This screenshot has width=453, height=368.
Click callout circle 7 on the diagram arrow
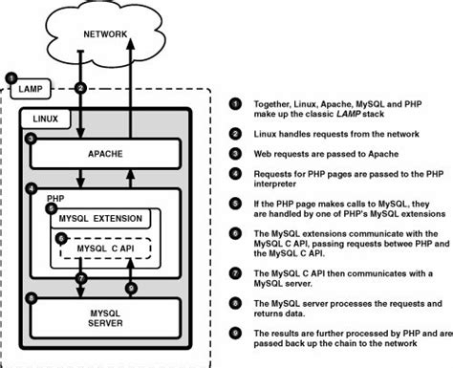coord(81,278)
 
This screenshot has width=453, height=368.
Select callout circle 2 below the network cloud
coord(81,88)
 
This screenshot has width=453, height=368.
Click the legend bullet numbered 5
coord(234,203)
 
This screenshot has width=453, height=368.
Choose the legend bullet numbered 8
coord(234,304)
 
